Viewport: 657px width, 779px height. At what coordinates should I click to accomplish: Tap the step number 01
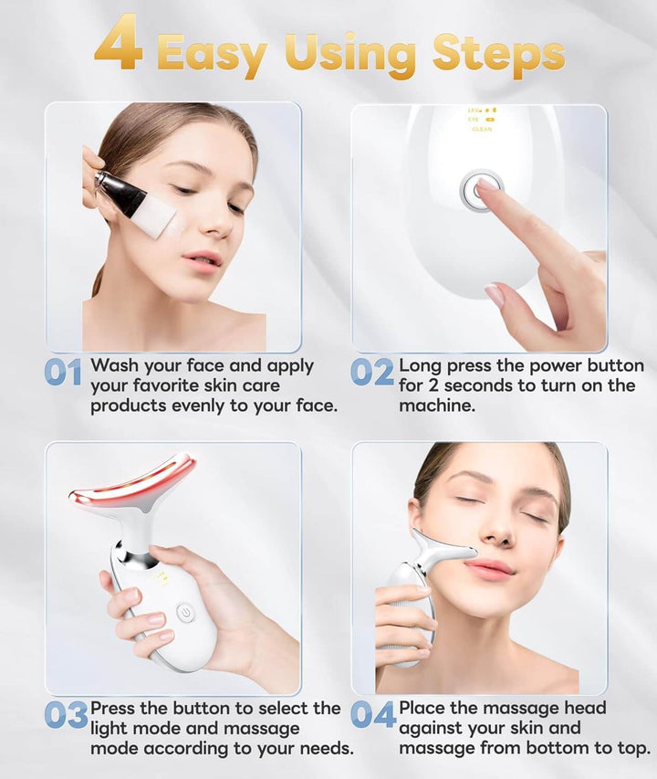[x=63, y=373]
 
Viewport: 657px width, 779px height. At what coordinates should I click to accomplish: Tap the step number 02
[x=372, y=372]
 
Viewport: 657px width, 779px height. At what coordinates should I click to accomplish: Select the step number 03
[x=66, y=715]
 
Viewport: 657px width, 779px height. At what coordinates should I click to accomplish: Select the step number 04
[x=373, y=714]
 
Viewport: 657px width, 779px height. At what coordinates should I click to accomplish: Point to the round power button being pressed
[x=480, y=190]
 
